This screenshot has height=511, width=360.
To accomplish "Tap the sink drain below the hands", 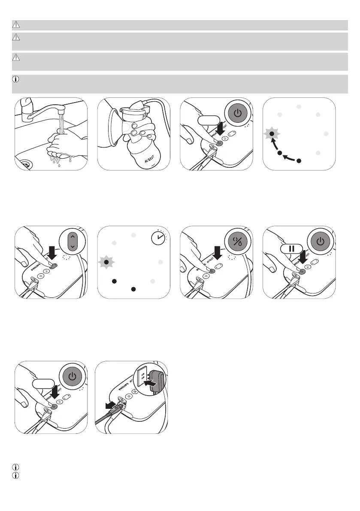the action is pos(25,163).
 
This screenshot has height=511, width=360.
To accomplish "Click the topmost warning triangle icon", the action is pos(16,24).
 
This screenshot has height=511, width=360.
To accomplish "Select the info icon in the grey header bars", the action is pos(16,79).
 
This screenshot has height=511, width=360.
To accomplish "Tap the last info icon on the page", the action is pos(15,475).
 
